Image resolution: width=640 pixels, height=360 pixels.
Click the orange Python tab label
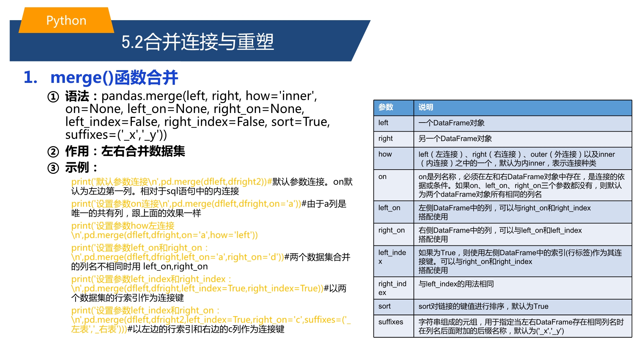pyautogui.click(x=66, y=20)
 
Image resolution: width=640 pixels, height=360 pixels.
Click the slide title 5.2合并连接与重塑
pyautogui.click(x=198, y=42)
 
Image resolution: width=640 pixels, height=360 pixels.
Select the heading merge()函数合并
pyautogui.click(x=114, y=78)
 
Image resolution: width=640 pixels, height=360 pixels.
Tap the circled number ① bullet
pyautogui.click(x=53, y=97)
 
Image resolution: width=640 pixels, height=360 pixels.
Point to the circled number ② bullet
pyautogui.click(x=53, y=152)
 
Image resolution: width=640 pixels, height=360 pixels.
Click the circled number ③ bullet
pyautogui.click(x=53, y=168)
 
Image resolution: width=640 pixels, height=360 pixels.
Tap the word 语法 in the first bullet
pyautogui.click(x=77, y=96)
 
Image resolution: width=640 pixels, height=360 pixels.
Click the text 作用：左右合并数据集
pyautogui.click(x=125, y=151)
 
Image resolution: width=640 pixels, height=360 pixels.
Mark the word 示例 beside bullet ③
pyautogui.click(x=77, y=168)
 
